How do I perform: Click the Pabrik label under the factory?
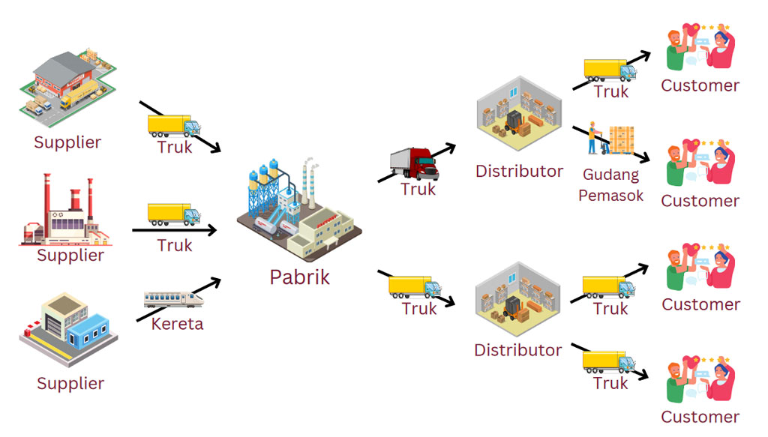[x=299, y=277]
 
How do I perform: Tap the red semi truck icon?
[x=414, y=163]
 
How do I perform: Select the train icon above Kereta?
[x=174, y=298]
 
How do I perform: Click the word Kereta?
[x=177, y=325]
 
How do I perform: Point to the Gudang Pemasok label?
[x=610, y=185]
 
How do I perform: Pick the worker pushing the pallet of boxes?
[x=593, y=137]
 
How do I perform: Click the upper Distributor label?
[x=519, y=171]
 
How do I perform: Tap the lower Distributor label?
[x=517, y=349]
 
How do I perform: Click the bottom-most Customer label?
[x=700, y=417]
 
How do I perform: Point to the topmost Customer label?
[x=700, y=85]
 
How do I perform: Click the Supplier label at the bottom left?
[x=70, y=383]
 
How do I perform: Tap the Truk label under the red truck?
[x=418, y=188]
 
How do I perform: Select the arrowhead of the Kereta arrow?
[x=216, y=281]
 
